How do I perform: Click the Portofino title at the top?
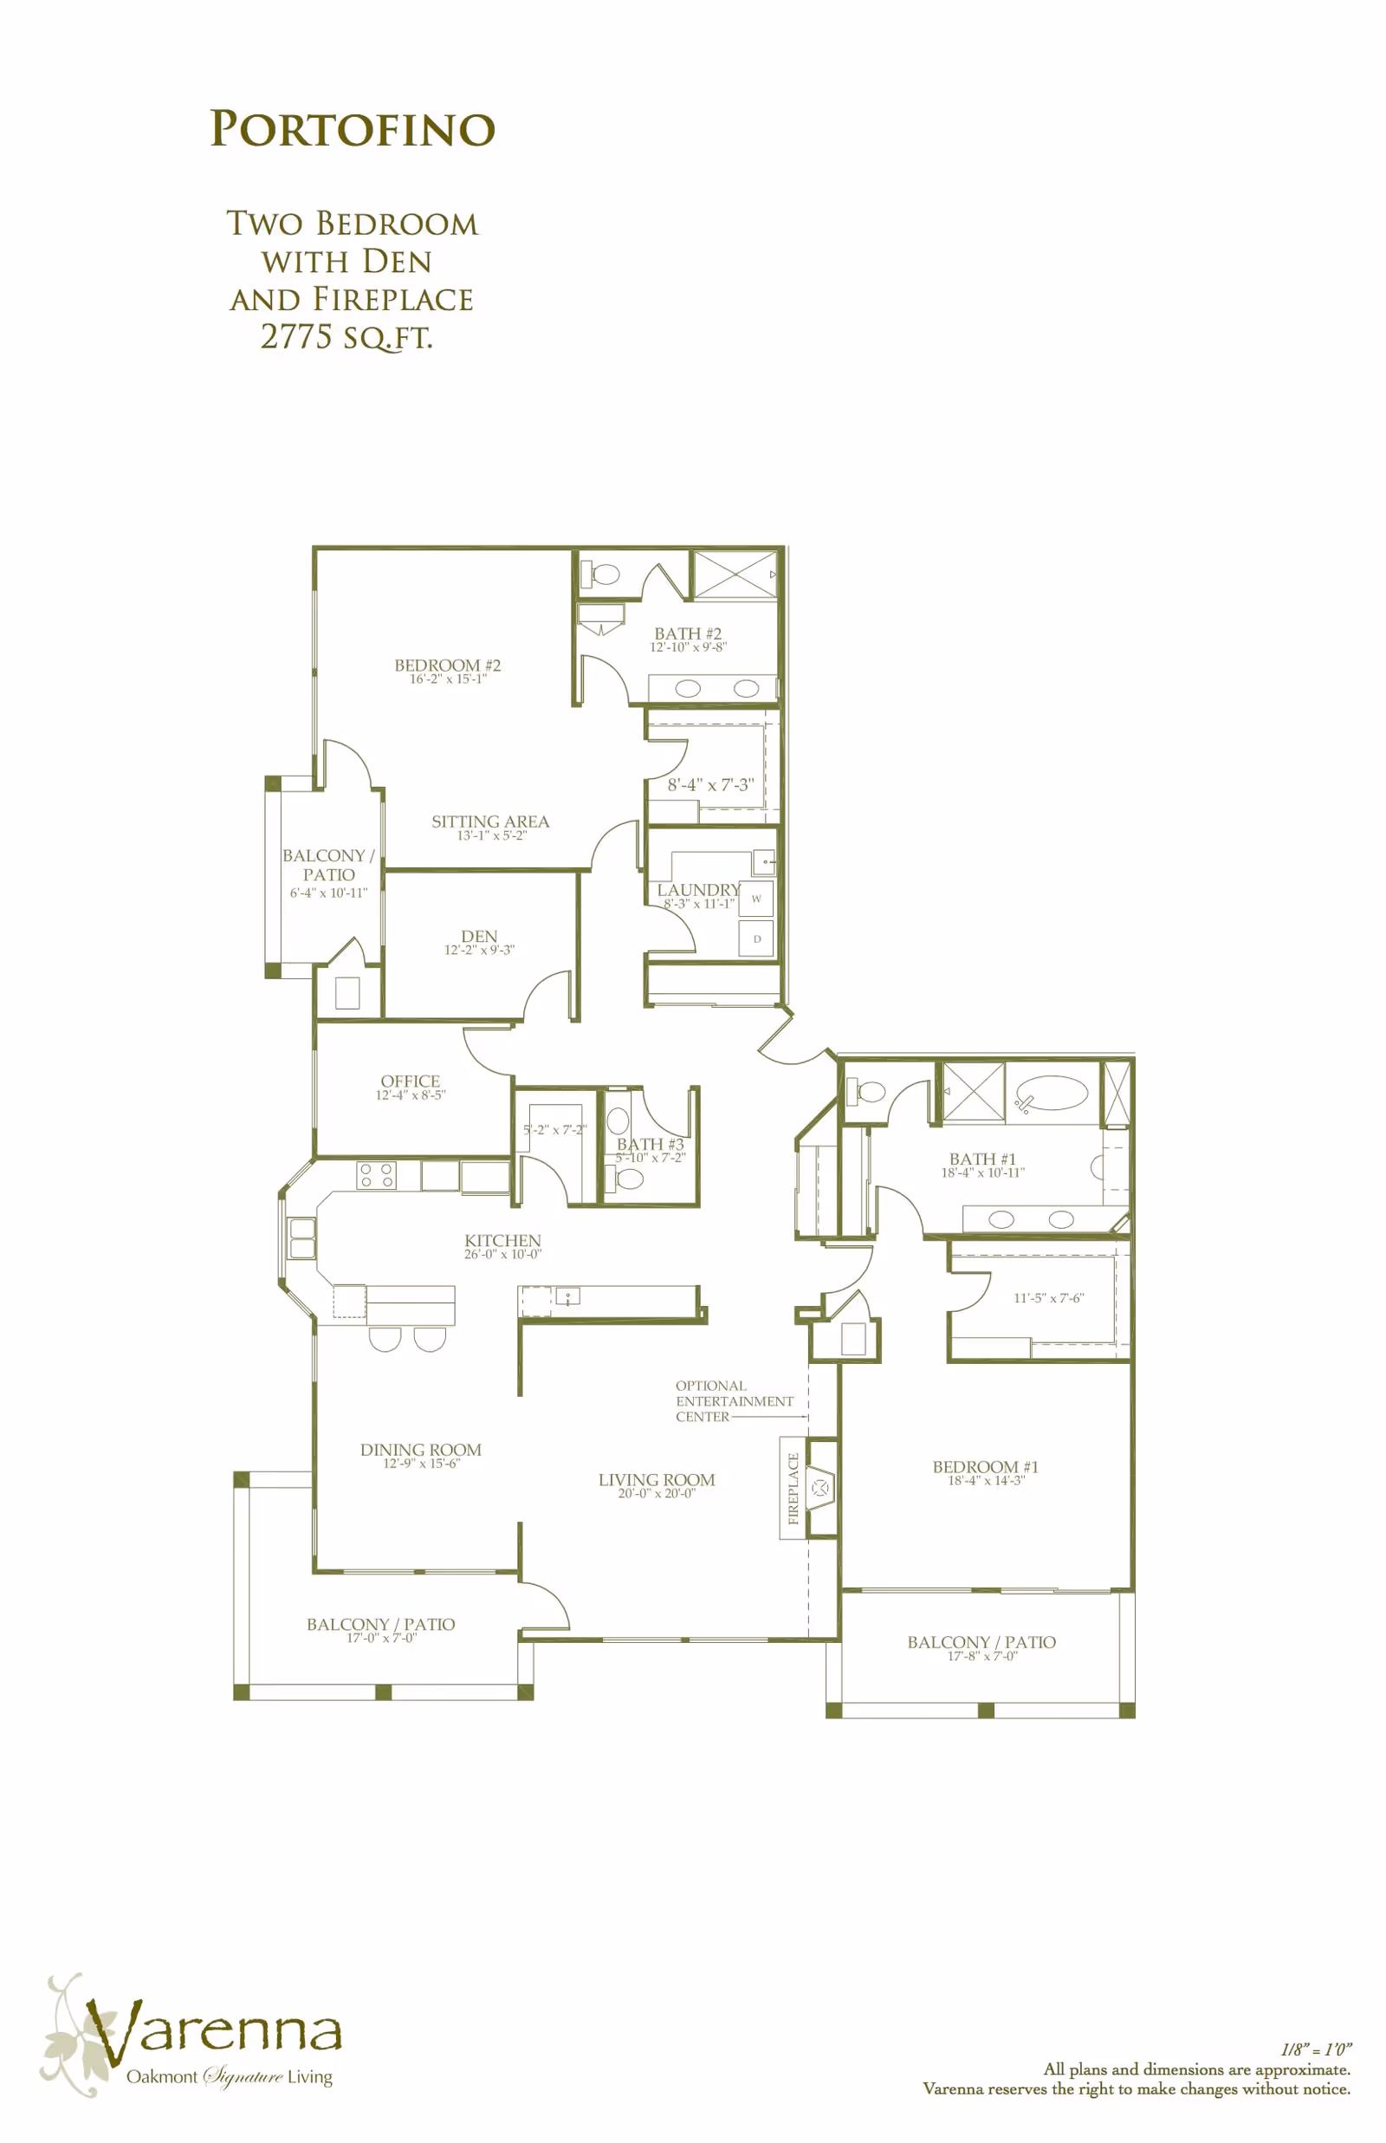click(x=353, y=129)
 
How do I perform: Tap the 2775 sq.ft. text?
click(x=346, y=336)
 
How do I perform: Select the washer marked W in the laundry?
click(x=756, y=899)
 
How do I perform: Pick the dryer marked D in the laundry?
click(x=756, y=938)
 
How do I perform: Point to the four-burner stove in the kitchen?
click(x=376, y=1174)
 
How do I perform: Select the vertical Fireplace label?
click(x=793, y=1489)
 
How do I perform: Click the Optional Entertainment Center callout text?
click(x=735, y=1401)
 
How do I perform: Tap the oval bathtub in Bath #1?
click(x=1052, y=1094)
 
